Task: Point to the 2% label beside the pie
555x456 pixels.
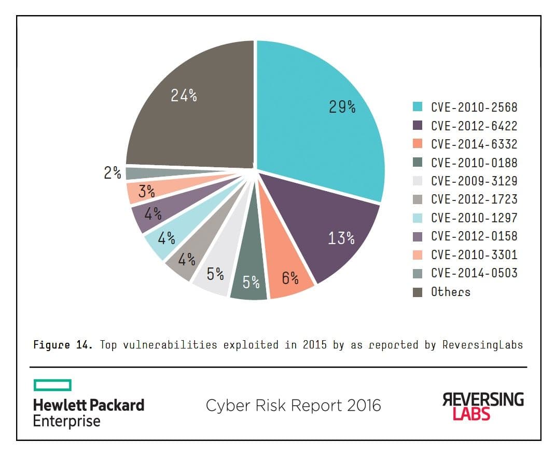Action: (x=112, y=173)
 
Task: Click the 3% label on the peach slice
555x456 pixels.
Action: (x=146, y=192)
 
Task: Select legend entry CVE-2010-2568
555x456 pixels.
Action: (x=474, y=108)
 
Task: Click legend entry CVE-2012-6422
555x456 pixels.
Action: (x=474, y=126)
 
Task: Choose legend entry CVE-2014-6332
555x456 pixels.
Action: (x=474, y=144)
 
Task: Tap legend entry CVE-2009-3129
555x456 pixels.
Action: (x=474, y=181)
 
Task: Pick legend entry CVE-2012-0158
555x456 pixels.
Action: (x=474, y=236)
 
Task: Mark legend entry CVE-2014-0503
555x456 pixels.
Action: (x=474, y=273)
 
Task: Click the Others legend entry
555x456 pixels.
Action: (x=450, y=292)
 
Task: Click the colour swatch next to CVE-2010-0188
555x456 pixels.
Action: (x=418, y=163)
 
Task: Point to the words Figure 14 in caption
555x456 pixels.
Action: (x=63, y=344)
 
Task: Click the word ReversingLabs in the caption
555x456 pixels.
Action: (x=482, y=344)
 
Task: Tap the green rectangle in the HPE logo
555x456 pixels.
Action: (x=52, y=385)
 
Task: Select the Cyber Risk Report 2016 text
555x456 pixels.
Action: (x=293, y=405)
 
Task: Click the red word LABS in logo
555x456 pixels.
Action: (x=471, y=413)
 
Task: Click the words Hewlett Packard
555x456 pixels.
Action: (x=89, y=405)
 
